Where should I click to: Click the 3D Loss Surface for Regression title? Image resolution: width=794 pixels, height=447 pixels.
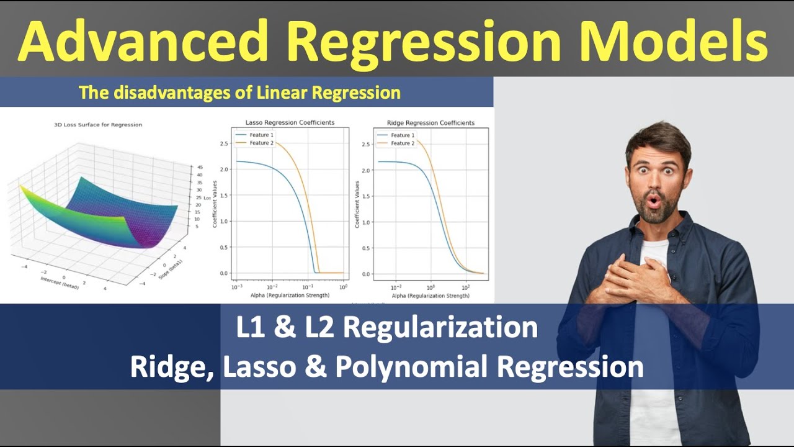pyautogui.click(x=98, y=125)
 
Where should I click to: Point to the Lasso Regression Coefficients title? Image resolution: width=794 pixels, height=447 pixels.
pyautogui.click(x=290, y=123)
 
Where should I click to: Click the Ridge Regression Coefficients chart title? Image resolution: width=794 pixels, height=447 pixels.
pyautogui.click(x=430, y=123)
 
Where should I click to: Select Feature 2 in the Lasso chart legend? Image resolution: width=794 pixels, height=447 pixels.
pyautogui.click(x=261, y=143)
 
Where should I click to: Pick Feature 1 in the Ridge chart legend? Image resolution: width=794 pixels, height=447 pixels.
pyautogui.click(x=401, y=135)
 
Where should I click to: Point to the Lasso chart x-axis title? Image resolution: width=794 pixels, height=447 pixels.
pyautogui.click(x=290, y=296)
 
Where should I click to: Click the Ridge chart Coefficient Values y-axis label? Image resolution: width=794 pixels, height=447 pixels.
pyautogui.click(x=357, y=204)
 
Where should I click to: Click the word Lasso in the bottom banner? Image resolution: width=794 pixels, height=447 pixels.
pyautogui.click(x=259, y=367)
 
